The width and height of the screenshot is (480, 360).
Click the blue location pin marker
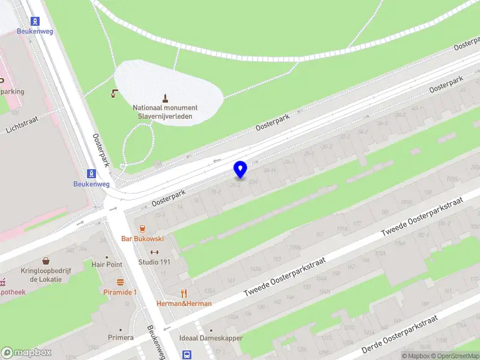tap(241, 169)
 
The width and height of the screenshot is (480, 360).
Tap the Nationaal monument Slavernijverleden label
tap(165, 112)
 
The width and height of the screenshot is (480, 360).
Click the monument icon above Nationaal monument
tap(165, 98)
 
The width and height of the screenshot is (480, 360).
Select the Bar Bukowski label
tap(143, 239)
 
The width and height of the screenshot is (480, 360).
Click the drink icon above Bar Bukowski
tap(143, 229)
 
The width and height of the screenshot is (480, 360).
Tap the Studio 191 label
tap(154, 262)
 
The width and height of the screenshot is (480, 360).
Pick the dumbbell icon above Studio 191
tap(154, 252)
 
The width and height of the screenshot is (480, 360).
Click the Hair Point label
tap(107, 265)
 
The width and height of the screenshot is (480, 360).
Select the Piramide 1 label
tap(121, 292)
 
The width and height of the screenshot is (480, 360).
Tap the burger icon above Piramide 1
tap(121, 282)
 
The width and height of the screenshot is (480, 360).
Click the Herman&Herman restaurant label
tap(184, 304)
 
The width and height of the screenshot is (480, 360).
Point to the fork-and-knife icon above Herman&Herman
tap(184, 293)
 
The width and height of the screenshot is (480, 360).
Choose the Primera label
tap(121, 338)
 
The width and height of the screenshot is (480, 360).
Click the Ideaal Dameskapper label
tap(211, 338)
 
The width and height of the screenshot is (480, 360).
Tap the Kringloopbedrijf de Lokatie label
tap(46, 275)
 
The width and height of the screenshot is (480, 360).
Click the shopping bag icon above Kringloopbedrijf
tap(46, 261)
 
